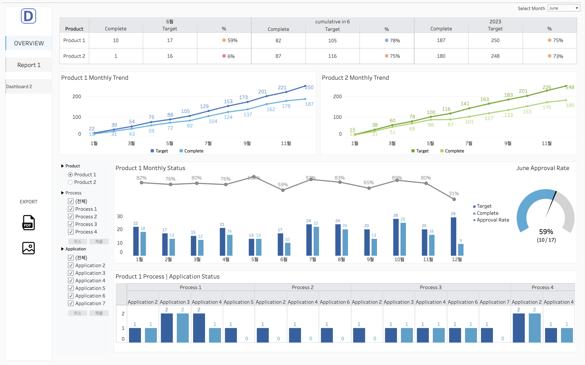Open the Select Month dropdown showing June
point(564,8)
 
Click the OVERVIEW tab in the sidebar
point(29,43)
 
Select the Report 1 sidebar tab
point(29,65)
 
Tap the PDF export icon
point(29,223)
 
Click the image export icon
point(29,248)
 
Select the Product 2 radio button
point(70,182)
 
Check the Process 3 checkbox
point(71,224)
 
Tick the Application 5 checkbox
point(71,288)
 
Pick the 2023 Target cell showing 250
point(495,40)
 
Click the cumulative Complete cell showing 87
point(278,56)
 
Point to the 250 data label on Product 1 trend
point(309,87)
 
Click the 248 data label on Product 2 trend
point(570,87)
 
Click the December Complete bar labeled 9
point(461,249)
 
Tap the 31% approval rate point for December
point(454,199)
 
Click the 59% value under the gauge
point(546,232)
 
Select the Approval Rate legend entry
point(493,220)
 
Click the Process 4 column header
point(542,287)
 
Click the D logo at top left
point(29,16)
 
